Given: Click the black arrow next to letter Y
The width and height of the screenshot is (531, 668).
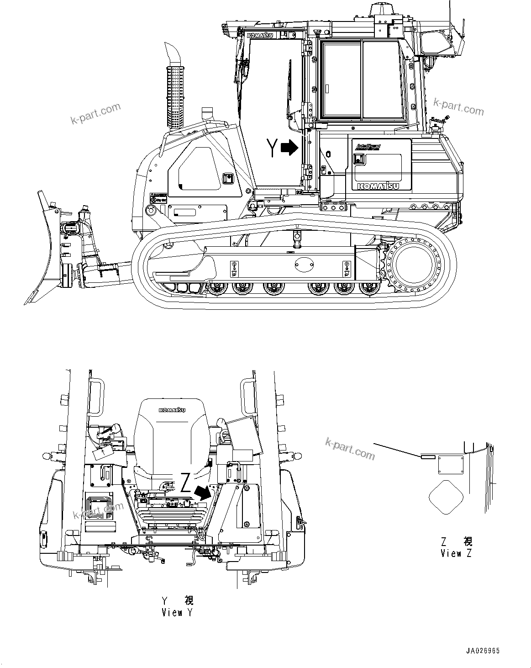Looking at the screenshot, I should pos(289,148).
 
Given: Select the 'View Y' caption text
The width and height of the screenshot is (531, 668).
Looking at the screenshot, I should pos(177,613).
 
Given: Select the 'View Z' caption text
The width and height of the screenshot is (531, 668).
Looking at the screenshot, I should pos(456,554).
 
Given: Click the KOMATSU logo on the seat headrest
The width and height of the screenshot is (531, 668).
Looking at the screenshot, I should pos(172,410).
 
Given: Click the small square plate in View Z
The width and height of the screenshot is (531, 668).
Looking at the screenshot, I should pos(451,465).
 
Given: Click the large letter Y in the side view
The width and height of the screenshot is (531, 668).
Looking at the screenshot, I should pos(272,148).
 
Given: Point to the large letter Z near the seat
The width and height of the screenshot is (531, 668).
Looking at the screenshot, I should pos(185,483).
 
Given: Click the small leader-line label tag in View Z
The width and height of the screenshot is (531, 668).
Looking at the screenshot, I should pos(428,456).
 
